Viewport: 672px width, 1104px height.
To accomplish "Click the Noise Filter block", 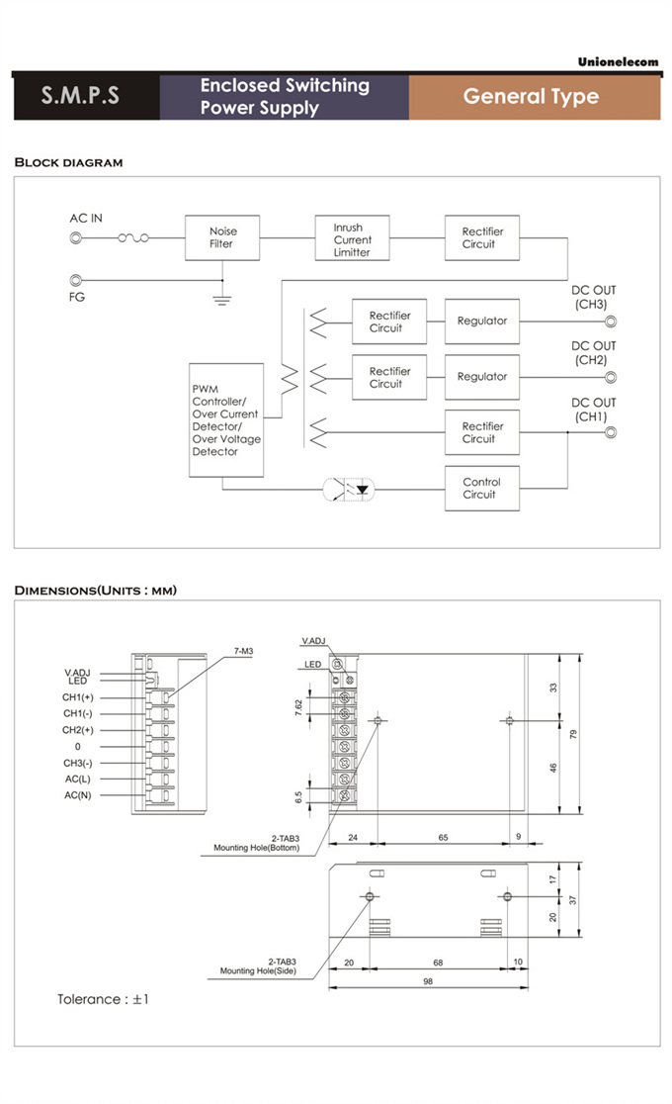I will (222, 238).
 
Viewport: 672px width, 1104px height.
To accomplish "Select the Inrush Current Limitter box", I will (352, 239).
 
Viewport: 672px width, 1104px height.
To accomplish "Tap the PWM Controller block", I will (226, 420).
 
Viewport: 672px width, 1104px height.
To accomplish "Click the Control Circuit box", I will (481, 489).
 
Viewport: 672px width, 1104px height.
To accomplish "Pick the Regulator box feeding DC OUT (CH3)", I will (481, 322).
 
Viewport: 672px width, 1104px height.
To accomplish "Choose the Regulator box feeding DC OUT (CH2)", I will (481, 377).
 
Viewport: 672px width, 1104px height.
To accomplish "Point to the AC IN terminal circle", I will (76, 238).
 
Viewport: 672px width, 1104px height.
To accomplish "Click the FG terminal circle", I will (76, 280).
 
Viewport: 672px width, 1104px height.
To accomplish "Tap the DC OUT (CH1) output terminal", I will (610, 432).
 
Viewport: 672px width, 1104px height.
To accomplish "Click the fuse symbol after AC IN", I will (133, 238).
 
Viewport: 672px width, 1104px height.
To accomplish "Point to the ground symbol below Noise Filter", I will (222, 295).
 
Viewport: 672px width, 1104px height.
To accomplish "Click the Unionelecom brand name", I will (618, 62).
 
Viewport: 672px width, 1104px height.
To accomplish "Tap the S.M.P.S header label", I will (80, 97).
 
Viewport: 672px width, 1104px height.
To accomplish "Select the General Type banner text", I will (531, 97).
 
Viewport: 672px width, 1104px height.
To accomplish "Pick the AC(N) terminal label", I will (78, 795).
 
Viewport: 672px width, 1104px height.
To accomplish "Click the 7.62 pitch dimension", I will (296, 707).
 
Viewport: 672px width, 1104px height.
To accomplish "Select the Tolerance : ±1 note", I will (103, 999).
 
